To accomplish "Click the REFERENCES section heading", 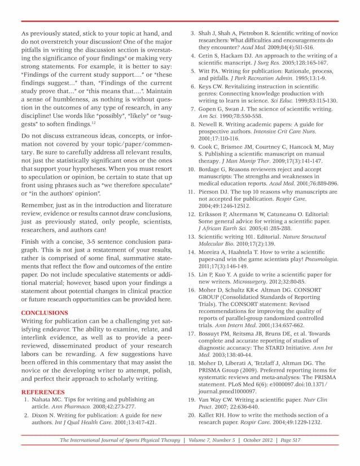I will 42,391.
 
